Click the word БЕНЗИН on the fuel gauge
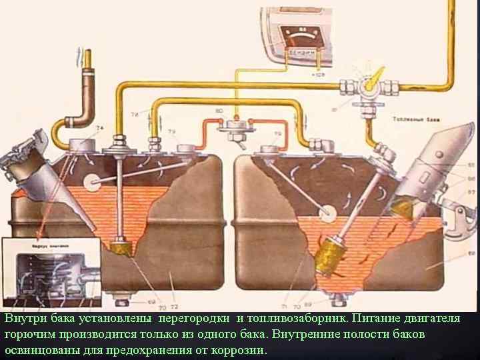point(303,51)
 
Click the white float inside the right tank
point(327,213)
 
